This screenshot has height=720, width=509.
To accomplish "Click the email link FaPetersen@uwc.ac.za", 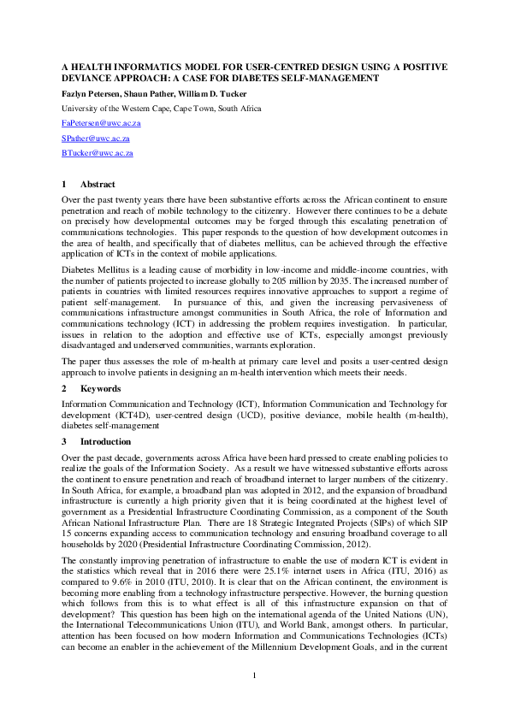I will click(x=101, y=123).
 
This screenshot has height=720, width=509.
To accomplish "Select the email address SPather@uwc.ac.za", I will click(x=95, y=138).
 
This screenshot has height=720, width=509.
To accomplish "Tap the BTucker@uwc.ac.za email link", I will click(x=97, y=152).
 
